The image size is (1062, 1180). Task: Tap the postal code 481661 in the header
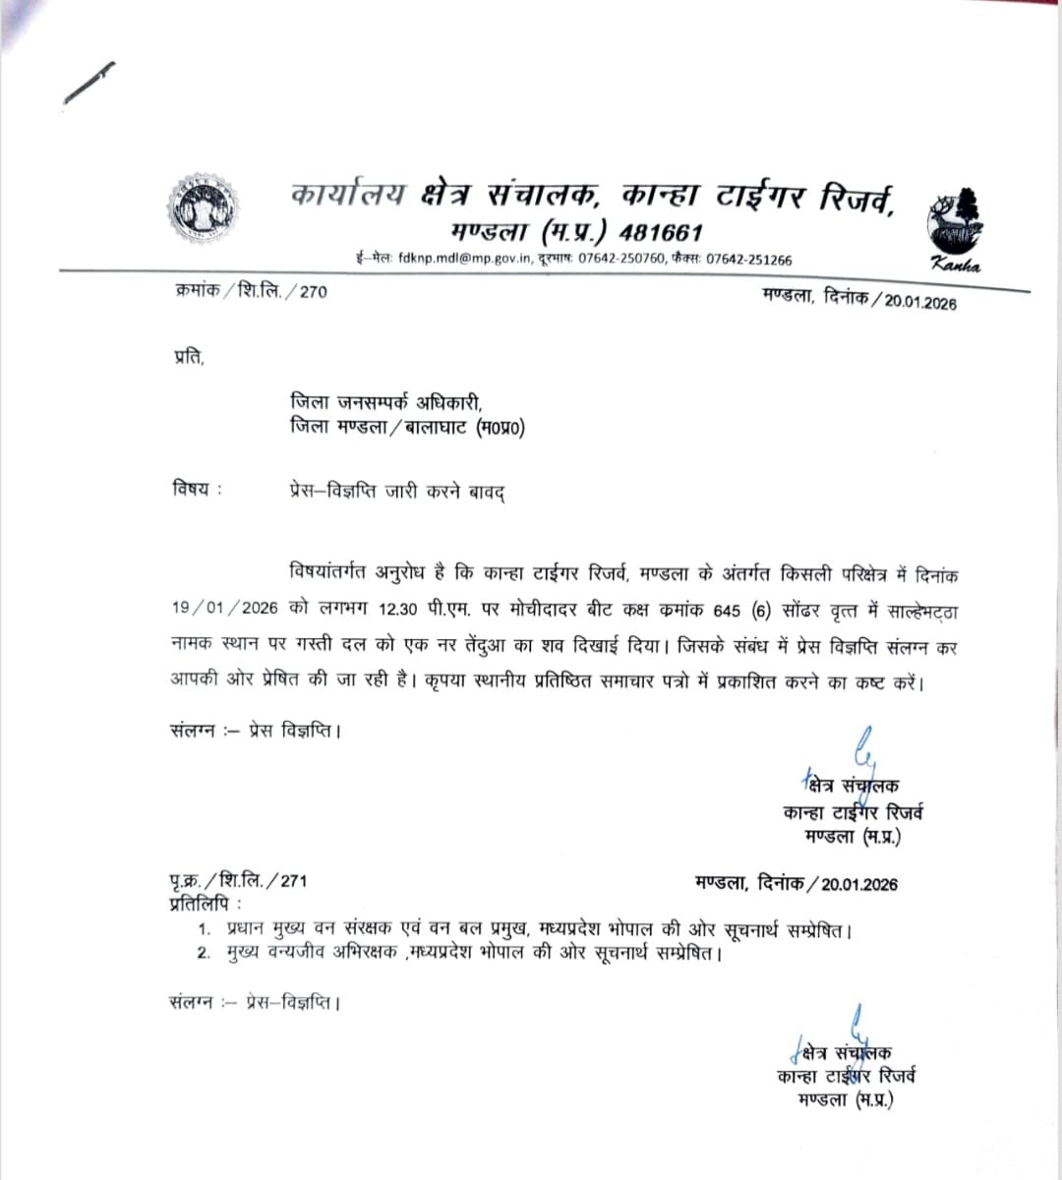660,232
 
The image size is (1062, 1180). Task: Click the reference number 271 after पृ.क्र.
293,882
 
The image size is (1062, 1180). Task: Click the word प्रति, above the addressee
188,359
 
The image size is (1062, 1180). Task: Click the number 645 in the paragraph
727,610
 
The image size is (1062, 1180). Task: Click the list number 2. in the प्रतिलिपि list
204,953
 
